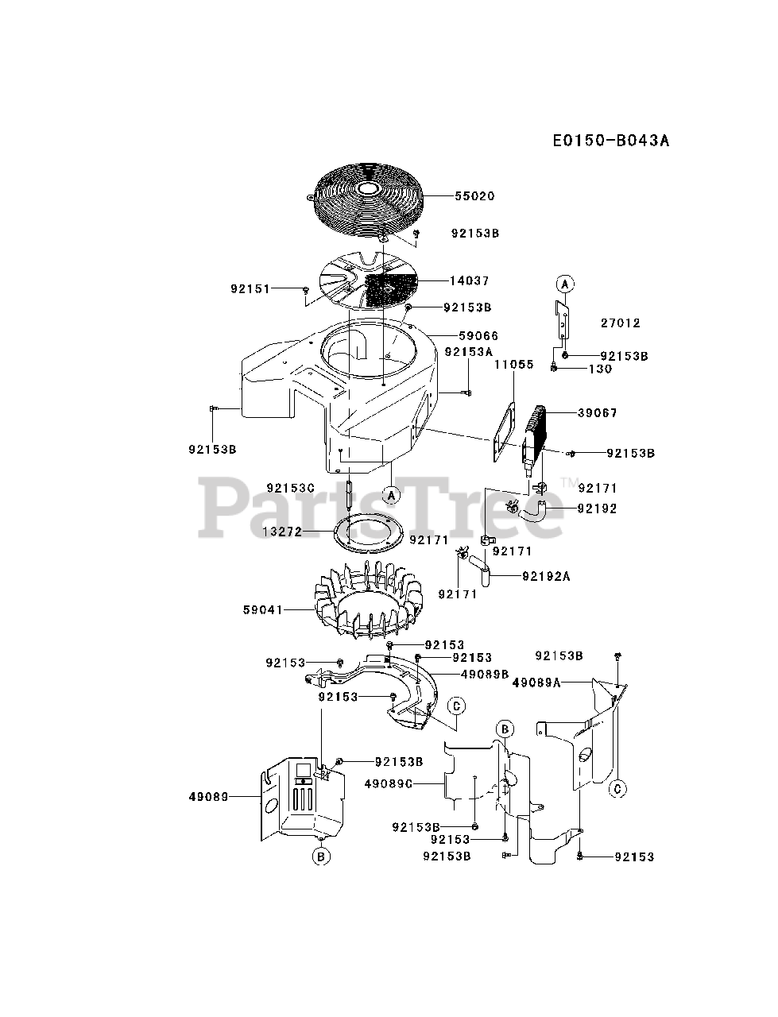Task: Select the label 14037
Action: (470, 280)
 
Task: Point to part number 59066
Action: (479, 336)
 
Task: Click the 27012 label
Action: (620, 323)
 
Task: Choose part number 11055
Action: (513, 365)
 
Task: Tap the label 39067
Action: (597, 413)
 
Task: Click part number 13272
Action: (282, 532)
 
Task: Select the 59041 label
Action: (264, 610)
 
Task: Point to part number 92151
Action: (251, 290)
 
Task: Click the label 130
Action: (601, 369)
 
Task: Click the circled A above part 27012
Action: (563, 284)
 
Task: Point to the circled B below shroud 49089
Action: (320, 857)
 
